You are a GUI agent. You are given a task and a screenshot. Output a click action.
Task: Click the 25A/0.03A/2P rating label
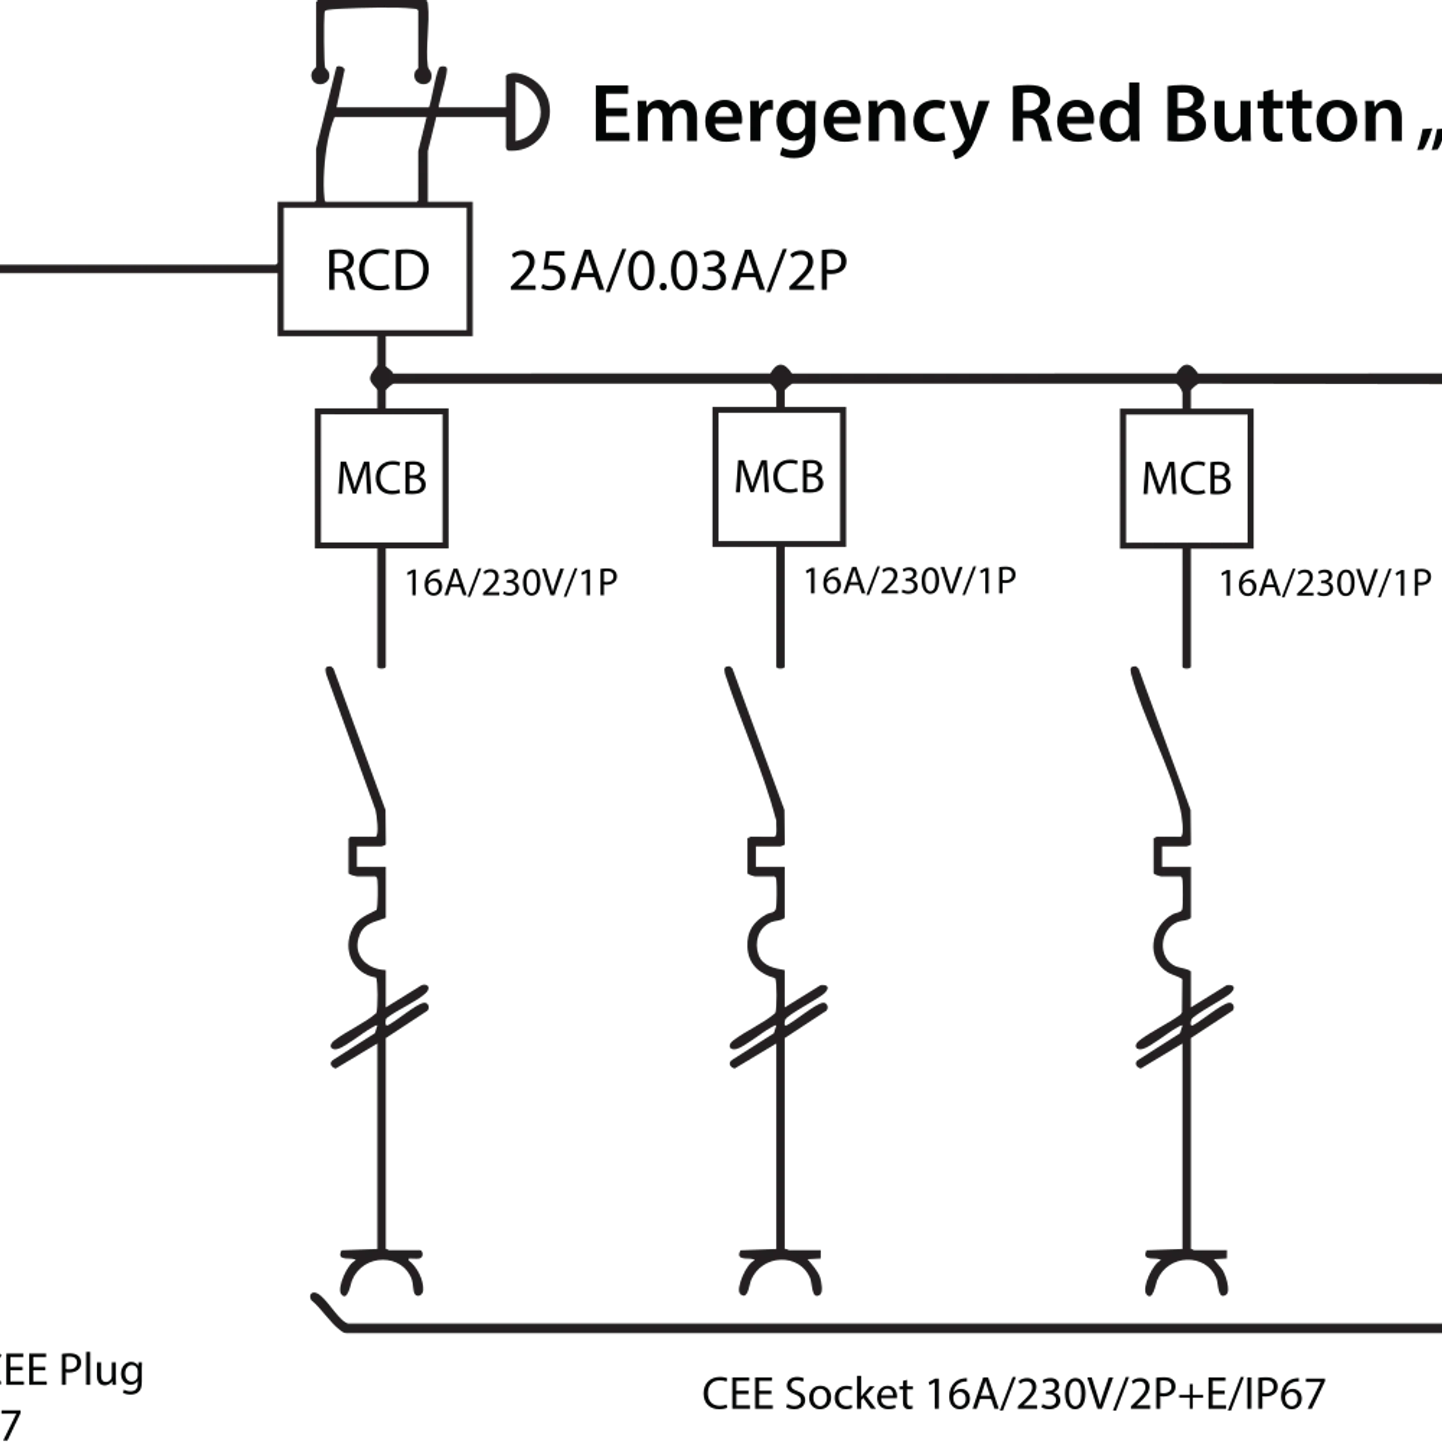point(678,271)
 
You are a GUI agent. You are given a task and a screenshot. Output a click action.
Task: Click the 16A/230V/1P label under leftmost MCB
point(511,583)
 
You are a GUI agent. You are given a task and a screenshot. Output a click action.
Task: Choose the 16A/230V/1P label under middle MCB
point(909,580)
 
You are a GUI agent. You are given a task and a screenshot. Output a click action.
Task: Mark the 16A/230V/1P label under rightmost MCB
point(1324,583)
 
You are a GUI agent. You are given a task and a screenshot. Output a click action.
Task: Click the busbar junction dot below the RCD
point(381,379)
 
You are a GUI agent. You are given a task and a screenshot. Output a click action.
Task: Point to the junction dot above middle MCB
point(780,378)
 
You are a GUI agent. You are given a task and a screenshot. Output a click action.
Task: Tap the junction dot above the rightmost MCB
point(1187,378)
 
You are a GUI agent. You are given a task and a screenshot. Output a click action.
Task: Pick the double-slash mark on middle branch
point(779,1027)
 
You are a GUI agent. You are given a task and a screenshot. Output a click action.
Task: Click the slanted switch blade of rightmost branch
point(1161,739)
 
